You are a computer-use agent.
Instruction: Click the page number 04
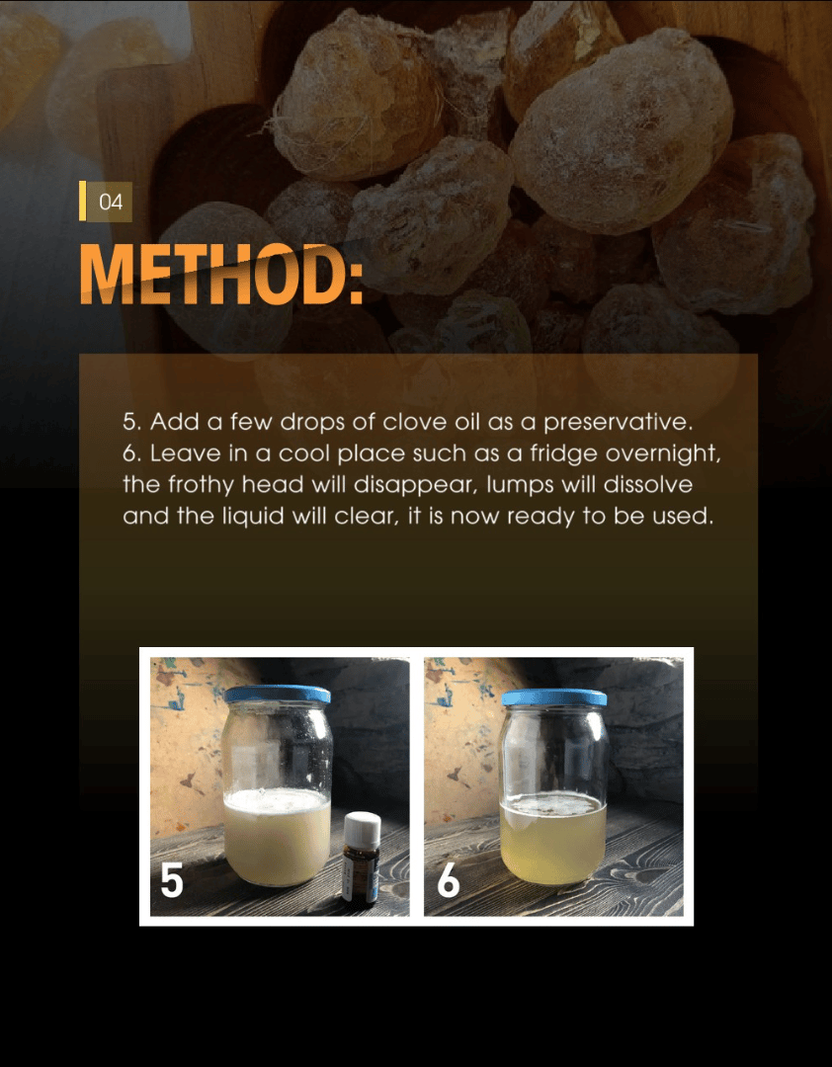(x=111, y=203)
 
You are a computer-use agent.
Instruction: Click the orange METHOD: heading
(x=221, y=275)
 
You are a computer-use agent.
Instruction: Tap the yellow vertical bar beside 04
(x=82, y=201)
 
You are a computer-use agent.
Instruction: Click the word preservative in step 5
(x=618, y=423)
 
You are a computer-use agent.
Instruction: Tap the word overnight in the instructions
(x=663, y=453)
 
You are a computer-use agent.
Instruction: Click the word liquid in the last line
(x=253, y=517)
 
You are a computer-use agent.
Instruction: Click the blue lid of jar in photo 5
(x=277, y=695)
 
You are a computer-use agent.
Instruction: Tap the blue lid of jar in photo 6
(x=553, y=697)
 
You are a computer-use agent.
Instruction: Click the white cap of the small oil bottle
(x=362, y=829)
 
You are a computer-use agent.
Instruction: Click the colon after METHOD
(x=356, y=284)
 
